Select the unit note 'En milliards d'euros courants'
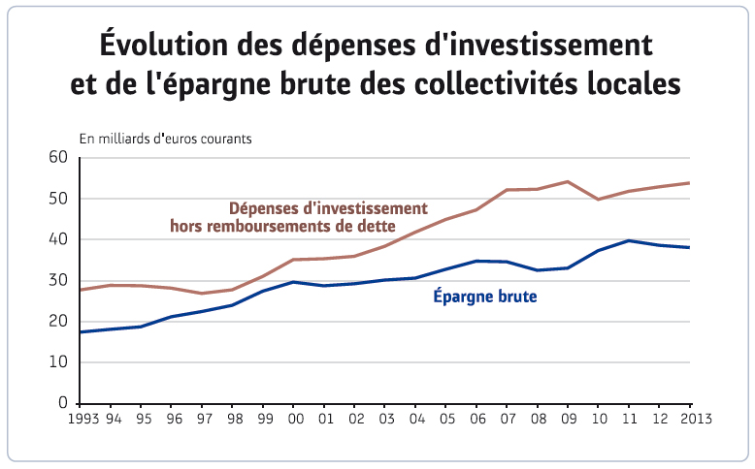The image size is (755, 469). (166, 139)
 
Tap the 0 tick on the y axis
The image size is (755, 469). (61, 403)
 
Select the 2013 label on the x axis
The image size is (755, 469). (694, 420)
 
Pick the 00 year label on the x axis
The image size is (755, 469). (294, 420)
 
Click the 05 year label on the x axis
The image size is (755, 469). (446, 420)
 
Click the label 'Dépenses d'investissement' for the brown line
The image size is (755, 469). (328, 208)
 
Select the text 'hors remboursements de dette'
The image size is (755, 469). (282, 227)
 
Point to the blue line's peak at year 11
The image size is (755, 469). (630, 240)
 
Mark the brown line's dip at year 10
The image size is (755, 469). (599, 200)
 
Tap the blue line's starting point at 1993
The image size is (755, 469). (81, 332)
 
